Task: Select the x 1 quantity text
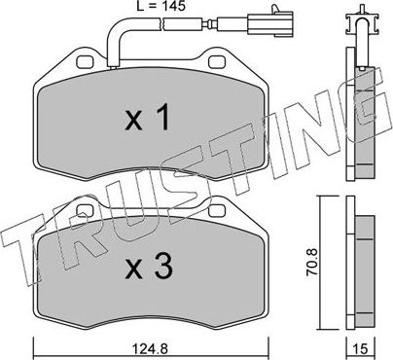click(152, 119)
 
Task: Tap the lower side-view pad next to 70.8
click(361, 269)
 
